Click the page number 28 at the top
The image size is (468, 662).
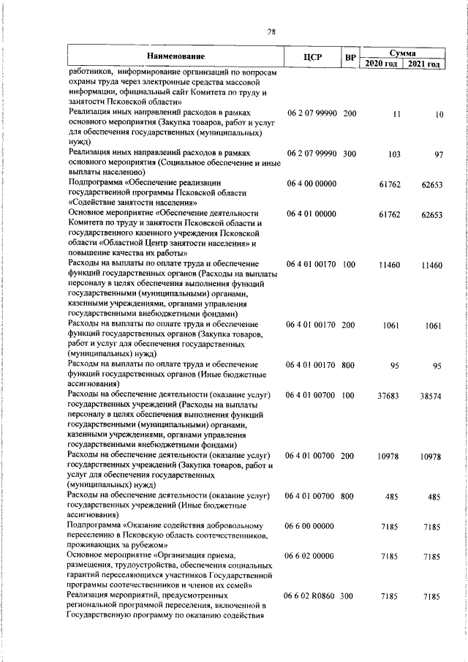coord(271,31)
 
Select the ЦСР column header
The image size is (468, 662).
coord(312,57)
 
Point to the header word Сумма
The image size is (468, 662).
coord(402,52)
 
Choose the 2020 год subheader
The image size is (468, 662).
coord(380,64)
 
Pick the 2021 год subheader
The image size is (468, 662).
coord(424,64)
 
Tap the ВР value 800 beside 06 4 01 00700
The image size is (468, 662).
coord(347,497)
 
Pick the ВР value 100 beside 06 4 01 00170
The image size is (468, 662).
coord(348,264)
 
